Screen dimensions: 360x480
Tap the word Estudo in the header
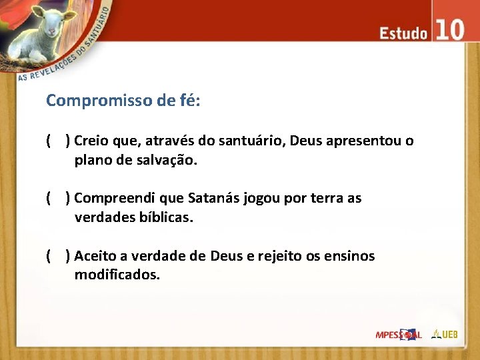403,33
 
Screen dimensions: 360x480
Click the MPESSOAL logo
398,334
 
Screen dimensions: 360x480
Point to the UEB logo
445,333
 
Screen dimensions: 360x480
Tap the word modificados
117,275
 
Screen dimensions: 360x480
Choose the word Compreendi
111,198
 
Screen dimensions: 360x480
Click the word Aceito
94,256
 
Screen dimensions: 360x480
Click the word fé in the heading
187,101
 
